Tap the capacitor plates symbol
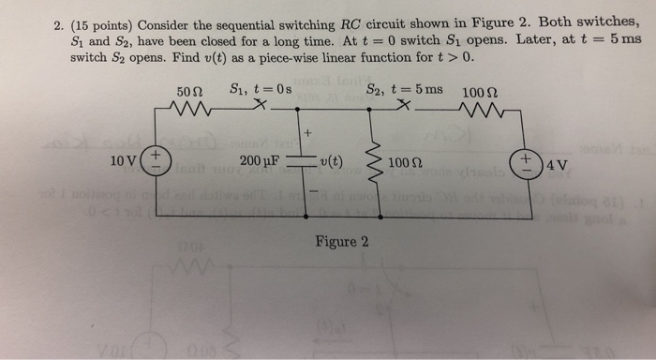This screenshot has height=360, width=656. (300, 160)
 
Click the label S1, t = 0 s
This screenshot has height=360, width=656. (261, 91)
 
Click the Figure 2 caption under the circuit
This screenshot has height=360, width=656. (341, 241)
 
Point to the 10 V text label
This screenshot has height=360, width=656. (122, 160)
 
